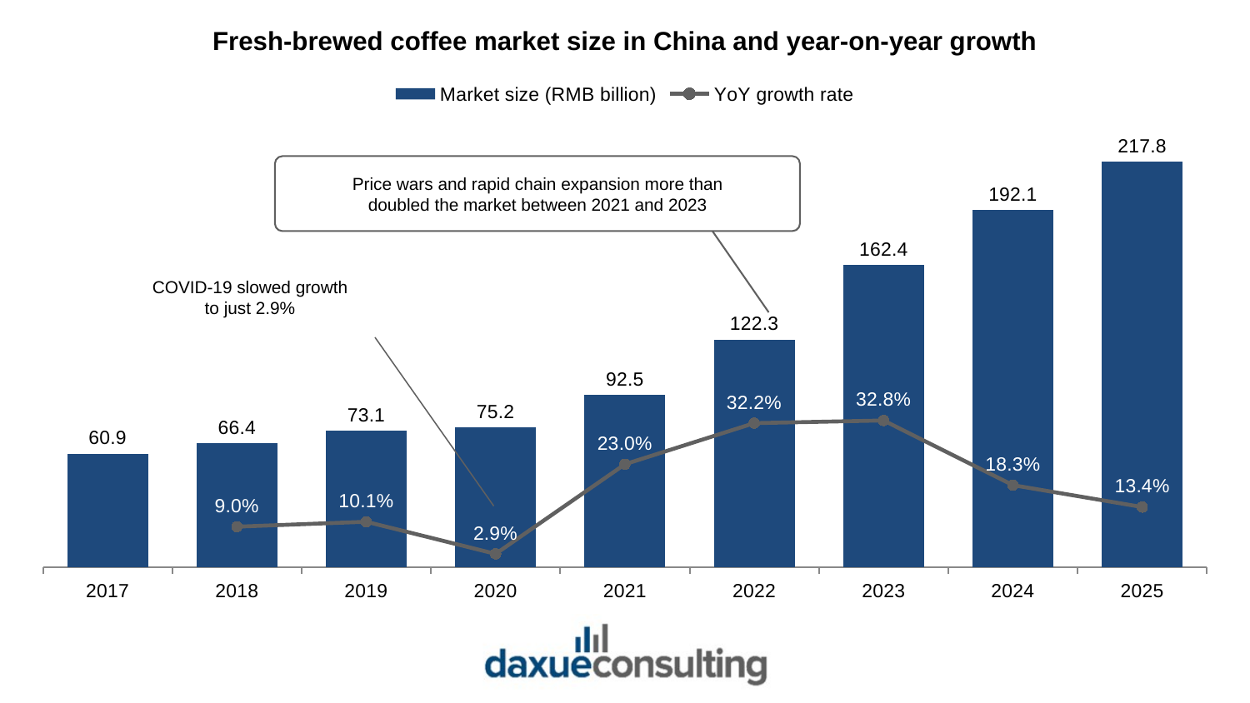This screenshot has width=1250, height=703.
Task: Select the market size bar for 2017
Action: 107,511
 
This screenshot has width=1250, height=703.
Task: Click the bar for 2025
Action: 1142,364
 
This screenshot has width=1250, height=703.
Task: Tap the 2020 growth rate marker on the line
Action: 495,554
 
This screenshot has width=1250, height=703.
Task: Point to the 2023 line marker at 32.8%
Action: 883,421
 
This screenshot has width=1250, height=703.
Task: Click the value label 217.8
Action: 1142,146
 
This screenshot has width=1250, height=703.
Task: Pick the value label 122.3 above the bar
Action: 754,324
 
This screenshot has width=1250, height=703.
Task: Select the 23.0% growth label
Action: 624,444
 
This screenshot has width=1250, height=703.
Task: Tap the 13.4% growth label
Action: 1142,486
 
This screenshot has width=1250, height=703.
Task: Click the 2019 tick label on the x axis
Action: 366,591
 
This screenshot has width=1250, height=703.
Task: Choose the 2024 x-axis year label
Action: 1012,591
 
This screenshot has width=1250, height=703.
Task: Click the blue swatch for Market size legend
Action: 415,94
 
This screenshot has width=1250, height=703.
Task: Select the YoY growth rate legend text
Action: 783,95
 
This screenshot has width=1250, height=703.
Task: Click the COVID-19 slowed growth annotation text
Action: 249,297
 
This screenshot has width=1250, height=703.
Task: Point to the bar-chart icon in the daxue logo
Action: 592,638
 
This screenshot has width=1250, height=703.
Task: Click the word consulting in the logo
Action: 678,665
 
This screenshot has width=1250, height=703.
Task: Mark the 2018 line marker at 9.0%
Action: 237,526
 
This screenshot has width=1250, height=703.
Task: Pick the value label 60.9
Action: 107,438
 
